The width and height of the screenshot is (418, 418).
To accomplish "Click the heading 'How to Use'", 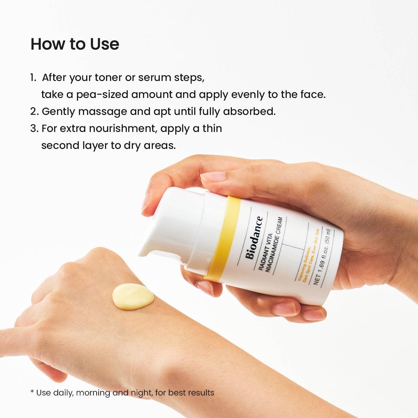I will (x=75, y=44).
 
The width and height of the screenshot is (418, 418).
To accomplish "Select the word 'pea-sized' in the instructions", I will (x=102, y=95).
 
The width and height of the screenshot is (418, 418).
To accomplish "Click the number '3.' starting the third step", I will (x=34, y=129).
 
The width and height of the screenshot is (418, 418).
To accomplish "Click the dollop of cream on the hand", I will (x=133, y=297).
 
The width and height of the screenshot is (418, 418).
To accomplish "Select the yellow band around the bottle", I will (x=224, y=238).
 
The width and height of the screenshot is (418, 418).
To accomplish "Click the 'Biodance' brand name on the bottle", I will (x=254, y=238).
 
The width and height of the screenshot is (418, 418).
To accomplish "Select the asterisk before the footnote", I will (x=32, y=392).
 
